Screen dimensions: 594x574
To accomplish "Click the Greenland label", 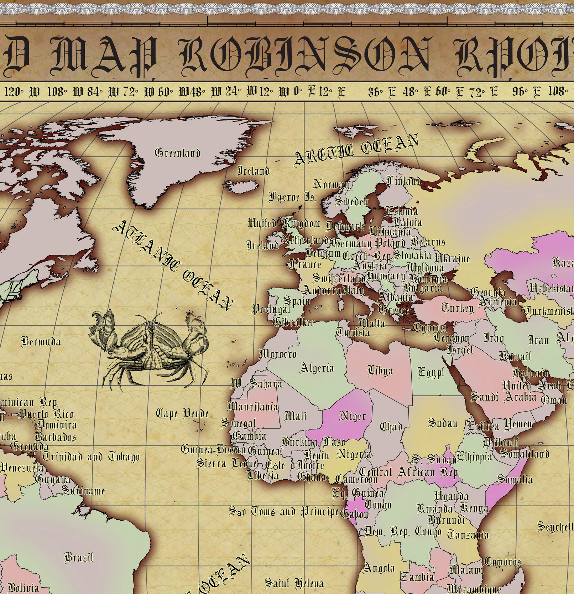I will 177,153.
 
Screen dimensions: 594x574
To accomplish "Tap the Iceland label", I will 253,171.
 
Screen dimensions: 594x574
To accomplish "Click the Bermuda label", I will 41,342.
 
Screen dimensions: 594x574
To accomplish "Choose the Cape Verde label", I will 182,414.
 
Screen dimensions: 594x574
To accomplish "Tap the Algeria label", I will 317,368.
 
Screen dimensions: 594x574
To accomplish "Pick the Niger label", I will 353,416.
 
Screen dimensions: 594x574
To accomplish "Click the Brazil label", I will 79,557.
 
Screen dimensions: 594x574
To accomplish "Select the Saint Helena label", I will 294,583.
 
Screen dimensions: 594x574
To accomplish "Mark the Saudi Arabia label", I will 503,397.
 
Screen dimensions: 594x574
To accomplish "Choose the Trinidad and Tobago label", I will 91,456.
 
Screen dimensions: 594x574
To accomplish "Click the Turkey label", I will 458,308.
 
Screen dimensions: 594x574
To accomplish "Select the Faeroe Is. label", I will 292,197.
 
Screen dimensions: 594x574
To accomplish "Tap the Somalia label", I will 515,479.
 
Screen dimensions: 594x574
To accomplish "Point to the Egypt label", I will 431,373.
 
